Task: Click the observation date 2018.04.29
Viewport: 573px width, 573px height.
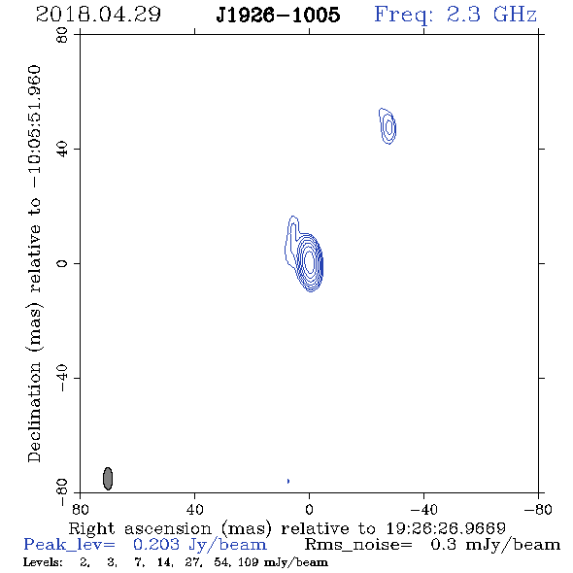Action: pos(98,15)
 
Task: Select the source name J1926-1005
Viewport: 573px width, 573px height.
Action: pos(278,15)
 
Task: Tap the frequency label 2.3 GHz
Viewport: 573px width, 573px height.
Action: pos(491,15)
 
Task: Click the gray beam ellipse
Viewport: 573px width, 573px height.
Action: pos(108,479)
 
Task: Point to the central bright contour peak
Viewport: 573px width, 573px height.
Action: pos(310,261)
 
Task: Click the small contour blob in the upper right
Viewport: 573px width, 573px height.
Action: pos(388,126)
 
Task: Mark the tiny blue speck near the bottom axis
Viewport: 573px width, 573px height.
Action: pos(288,481)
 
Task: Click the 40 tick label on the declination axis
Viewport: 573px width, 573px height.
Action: pos(62,150)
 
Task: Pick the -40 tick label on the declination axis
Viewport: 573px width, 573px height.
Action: pos(62,378)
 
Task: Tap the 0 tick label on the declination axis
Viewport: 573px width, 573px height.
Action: pos(62,263)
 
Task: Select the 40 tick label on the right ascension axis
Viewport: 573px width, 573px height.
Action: pos(195,509)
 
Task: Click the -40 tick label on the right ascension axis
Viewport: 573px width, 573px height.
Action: pos(423,509)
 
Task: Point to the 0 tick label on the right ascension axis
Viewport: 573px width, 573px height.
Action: pos(309,509)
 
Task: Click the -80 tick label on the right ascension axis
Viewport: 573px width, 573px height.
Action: pos(538,509)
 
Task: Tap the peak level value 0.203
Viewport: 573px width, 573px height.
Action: pos(156,545)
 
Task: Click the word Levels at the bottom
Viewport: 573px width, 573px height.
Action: pos(43,562)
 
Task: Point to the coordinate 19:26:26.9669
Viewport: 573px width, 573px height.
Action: pos(446,528)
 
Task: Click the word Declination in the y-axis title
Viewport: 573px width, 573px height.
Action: pos(34,412)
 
